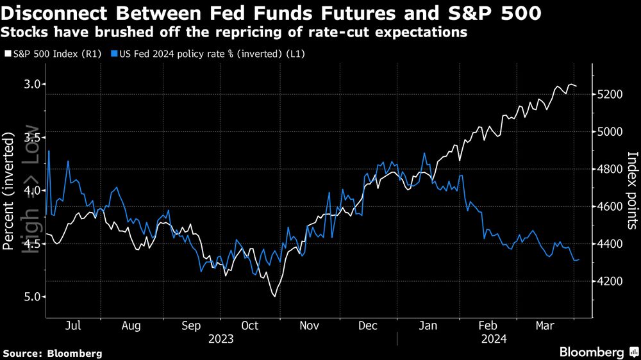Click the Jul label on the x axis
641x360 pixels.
(73, 325)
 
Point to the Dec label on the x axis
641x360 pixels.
(368, 325)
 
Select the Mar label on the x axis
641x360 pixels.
(546, 325)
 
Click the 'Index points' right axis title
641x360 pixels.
(632, 190)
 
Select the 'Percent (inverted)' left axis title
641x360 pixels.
(10, 191)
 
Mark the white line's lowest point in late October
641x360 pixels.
(275, 296)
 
